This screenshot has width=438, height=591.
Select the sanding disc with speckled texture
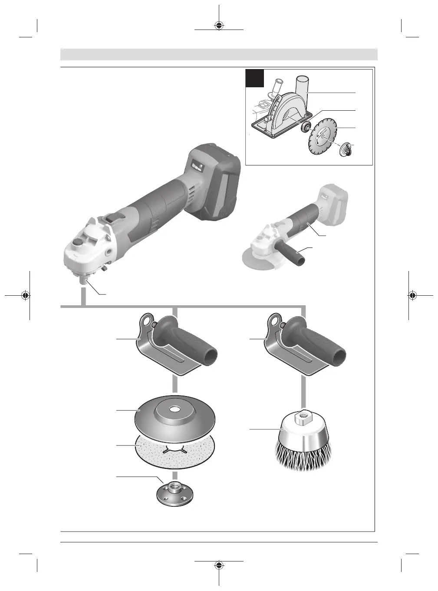176,452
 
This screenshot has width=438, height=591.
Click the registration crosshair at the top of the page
219,25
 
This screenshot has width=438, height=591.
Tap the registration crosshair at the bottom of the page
219,565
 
